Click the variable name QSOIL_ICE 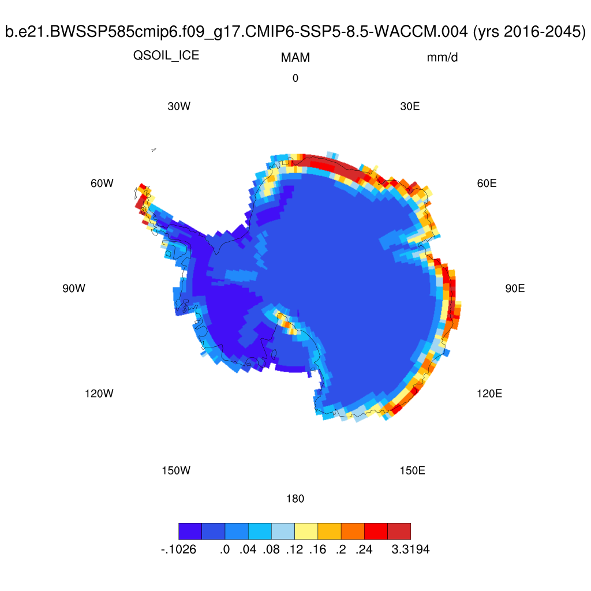[166, 56]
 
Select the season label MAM [295, 58]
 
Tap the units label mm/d [442, 58]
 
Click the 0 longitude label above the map [295, 78]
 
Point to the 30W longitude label [178, 107]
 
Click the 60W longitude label [102, 184]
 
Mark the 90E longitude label [515, 289]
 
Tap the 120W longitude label [99, 394]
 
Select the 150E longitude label [412, 470]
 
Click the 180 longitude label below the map [295, 499]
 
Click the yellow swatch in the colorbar [306, 531]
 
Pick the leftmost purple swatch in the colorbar [190, 531]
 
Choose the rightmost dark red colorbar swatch [399, 531]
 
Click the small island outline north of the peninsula [154, 150]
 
